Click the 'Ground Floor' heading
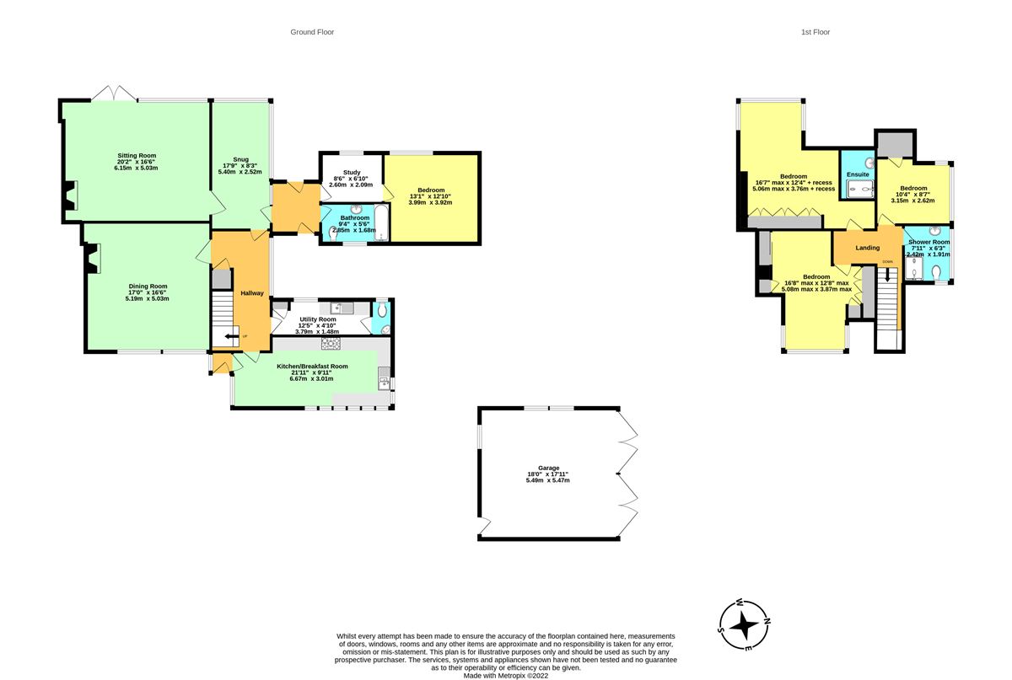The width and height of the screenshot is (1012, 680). point(312,32)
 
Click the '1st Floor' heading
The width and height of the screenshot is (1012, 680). point(815,32)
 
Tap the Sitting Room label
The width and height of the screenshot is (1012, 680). point(137,155)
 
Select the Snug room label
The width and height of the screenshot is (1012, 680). point(240,159)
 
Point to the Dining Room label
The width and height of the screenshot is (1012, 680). point(148,286)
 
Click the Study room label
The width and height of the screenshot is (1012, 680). point(352,173)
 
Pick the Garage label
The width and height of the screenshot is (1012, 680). point(548,468)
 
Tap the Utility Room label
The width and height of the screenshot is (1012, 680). point(318,319)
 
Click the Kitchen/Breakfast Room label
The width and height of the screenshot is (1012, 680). point(312,367)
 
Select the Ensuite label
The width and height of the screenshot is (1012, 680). point(858,174)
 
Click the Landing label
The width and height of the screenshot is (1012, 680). point(868,248)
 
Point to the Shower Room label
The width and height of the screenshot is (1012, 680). point(929,242)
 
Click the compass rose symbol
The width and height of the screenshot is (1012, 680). point(744,626)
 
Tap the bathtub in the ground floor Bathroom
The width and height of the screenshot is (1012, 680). point(382,223)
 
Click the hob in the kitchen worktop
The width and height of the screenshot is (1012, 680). point(331,344)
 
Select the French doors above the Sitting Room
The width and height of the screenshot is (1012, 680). point(114,93)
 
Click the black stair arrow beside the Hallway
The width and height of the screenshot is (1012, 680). point(232,336)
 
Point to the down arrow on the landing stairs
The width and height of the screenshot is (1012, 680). point(887,275)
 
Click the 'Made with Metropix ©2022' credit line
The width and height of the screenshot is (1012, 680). point(505,676)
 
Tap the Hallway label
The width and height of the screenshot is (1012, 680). point(251,293)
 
